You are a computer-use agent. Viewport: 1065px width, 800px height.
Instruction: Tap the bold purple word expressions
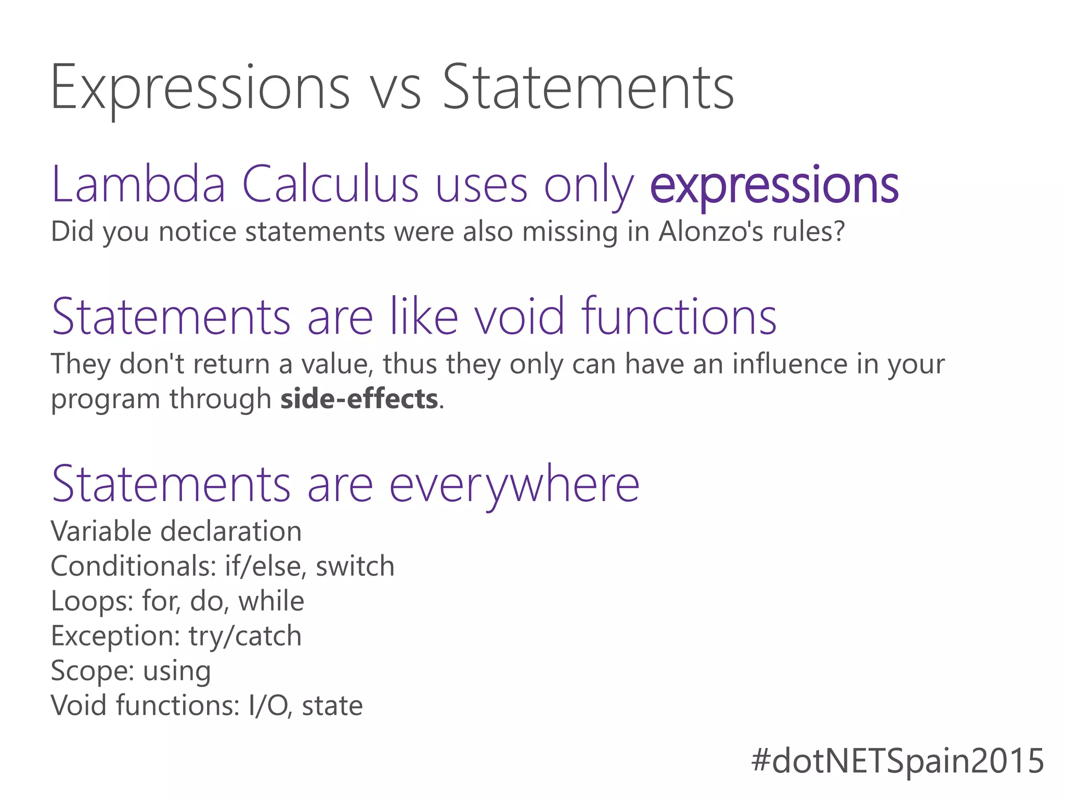click(x=774, y=186)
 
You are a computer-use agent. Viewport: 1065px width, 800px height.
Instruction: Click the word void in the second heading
click(x=519, y=316)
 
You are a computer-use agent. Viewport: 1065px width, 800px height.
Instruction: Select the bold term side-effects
click(x=359, y=399)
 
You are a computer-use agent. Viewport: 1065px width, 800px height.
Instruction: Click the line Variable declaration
click(x=176, y=531)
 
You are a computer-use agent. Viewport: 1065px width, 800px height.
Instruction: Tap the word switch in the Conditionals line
click(x=355, y=566)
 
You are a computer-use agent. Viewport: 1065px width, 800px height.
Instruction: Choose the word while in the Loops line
click(x=271, y=601)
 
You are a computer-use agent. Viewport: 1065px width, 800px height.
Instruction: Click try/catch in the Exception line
click(x=245, y=636)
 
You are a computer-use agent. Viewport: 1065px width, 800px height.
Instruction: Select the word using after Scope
click(x=177, y=671)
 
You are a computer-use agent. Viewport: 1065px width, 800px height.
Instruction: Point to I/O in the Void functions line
click(x=267, y=706)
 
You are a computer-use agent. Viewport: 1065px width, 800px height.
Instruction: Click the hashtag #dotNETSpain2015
click(x=898, y=761)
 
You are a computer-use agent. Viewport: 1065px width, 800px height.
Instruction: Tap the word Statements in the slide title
click(x=588, y=88)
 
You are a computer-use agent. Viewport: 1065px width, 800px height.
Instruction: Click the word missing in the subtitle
click(x=570, y=232)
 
